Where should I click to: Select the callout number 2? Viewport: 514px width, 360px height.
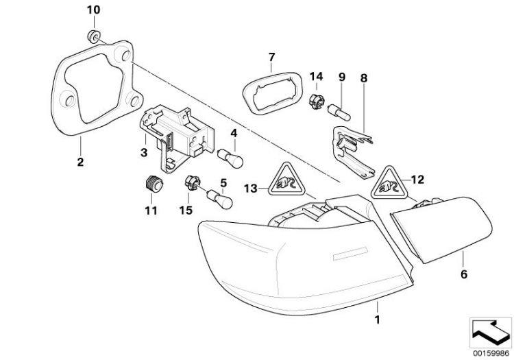79,162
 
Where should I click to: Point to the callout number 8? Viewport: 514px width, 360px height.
364,78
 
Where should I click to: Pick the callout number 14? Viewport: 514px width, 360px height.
315,75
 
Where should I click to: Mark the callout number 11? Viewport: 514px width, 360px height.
150,210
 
